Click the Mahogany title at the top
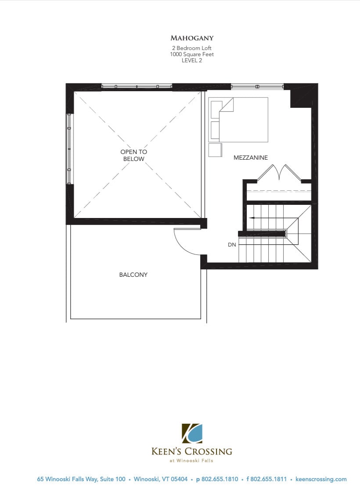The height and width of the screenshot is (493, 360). (x=192, y=38)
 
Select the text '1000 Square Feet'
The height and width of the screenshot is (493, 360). (x=192, y=54)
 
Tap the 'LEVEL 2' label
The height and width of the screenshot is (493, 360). (x=192, y=61)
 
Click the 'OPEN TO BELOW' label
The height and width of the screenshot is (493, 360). (x=133, y=155)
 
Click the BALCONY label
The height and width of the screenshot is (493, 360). (x=133, y=275)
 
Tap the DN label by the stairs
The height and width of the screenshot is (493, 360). (x=232, y=245)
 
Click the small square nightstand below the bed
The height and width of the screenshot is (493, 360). (x=215, y=150)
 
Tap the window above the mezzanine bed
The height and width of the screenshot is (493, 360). (x=257, y=86)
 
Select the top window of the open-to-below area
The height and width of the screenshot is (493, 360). (x=137, y=86)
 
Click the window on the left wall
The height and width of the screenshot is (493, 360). (x=69, y=149)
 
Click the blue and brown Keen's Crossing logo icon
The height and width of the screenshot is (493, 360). (x=192, y=434)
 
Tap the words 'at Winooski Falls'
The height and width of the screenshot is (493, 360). (x=192, y=461)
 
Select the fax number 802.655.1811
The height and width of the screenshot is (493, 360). (x=268, y=479)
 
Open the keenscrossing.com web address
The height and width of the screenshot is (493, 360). (x=321, y=479)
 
